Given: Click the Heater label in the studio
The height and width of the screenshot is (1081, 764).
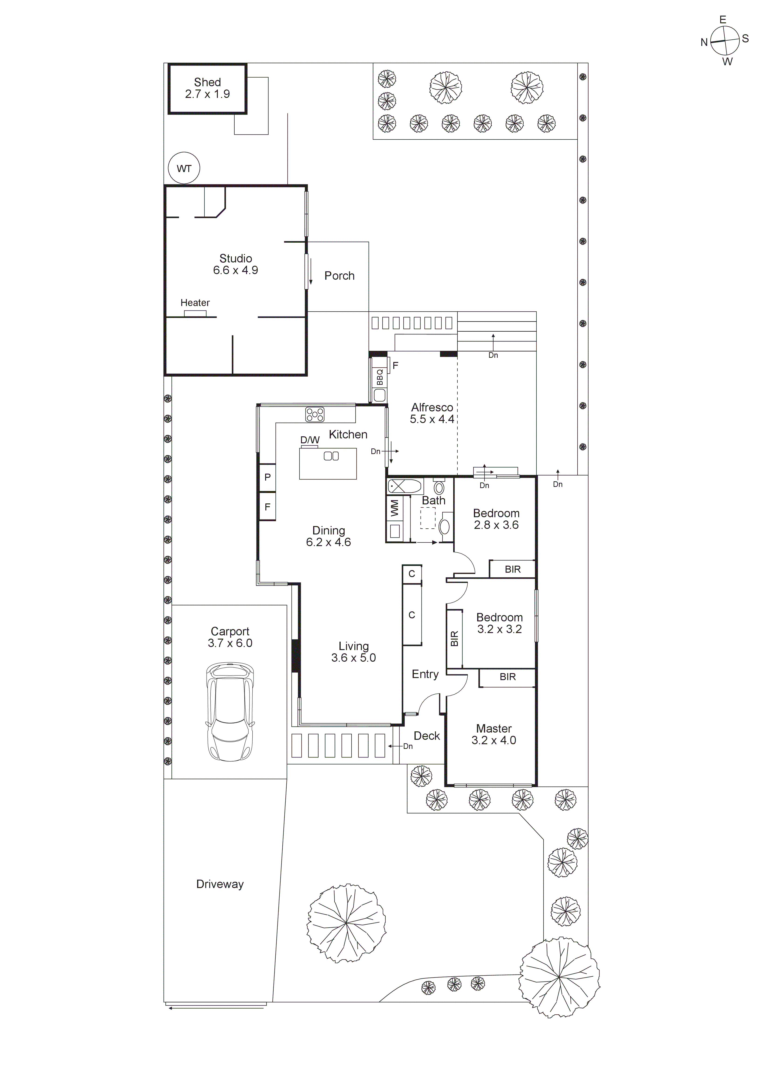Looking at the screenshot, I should [x=195, y=303].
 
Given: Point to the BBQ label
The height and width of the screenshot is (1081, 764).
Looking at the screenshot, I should [x=380, y=377].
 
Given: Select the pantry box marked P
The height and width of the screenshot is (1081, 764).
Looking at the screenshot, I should [x=267, y=477].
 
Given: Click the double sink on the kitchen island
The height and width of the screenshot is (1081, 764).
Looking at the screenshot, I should [x=331, y=456].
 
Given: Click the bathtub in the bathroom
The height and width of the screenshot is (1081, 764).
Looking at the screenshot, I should [x=405, y=486].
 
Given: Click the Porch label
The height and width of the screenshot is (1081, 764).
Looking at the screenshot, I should [x=339, y=276].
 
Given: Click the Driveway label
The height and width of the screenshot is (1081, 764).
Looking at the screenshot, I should [x=220, y=884].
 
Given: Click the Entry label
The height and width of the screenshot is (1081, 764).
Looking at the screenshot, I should [x=425, y=674].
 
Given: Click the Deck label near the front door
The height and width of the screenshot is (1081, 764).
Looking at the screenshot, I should [x=426, y=736].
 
